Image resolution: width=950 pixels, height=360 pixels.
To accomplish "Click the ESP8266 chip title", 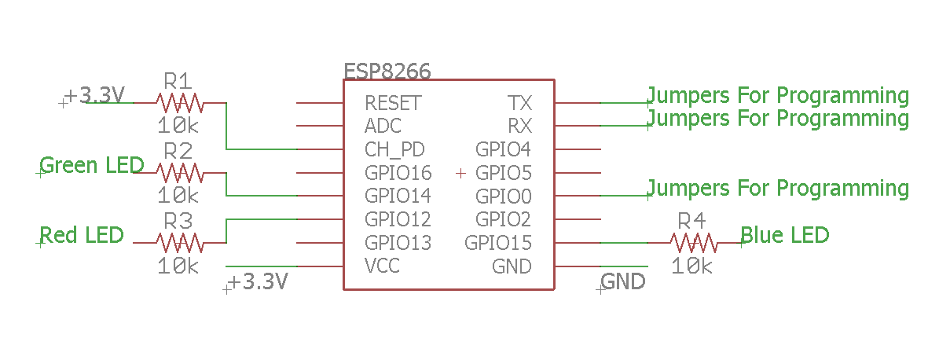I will coord(387,72).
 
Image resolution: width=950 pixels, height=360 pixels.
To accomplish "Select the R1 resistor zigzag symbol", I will coord(179,103).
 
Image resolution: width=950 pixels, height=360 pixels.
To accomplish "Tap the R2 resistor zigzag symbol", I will coord(179,173).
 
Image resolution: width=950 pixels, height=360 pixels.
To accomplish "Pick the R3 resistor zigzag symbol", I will coord(179,242).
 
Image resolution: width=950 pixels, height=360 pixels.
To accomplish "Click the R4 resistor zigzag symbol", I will coord(693,243).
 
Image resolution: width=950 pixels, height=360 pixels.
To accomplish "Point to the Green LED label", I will coord(92,166).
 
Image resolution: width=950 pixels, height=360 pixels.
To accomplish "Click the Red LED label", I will coord(82,235).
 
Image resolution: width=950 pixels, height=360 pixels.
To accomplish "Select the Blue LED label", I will coord(785,235).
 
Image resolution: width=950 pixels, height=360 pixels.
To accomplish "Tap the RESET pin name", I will coord(393,103).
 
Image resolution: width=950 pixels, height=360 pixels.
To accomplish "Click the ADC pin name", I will coord(383,126).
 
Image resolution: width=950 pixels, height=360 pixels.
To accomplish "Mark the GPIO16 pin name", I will coord(398,173).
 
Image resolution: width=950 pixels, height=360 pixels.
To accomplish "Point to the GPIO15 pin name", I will coord(498,243).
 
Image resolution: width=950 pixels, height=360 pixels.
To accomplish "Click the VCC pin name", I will coord(382,266).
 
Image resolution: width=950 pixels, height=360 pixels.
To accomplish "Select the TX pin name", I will coord(519,103).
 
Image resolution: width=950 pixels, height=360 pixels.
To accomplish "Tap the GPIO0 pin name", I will coord(503,196).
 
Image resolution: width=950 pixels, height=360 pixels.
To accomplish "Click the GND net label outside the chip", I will coord(623,281).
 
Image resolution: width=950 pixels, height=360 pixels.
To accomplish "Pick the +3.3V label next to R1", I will coord(94,96).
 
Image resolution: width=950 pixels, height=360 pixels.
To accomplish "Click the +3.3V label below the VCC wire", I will coord(259,281).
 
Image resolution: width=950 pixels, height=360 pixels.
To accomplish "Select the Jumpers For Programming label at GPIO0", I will coord(778,189).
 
